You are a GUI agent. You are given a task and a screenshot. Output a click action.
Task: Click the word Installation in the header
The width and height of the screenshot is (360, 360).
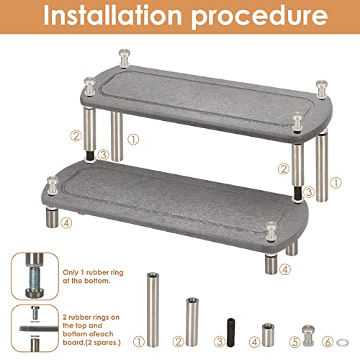pos(112,16)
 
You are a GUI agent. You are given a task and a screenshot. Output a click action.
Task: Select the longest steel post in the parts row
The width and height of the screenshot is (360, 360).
pos(153,310)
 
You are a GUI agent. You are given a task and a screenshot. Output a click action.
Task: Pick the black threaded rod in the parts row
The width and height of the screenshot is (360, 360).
pos(230,332)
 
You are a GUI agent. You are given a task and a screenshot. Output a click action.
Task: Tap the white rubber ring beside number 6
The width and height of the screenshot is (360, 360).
pos(343,342)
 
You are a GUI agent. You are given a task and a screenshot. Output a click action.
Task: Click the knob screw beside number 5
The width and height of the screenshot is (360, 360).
pos(308,335)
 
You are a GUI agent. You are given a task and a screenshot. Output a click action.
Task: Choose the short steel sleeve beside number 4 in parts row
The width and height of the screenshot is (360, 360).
pos(268,335)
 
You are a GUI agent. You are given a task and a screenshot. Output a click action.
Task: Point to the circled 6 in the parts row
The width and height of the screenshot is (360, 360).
pos(328,342)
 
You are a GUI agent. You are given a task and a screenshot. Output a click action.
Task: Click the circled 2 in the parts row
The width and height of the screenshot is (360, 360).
pos(179,342)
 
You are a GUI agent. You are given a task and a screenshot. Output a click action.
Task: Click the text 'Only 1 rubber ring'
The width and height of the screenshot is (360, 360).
pos(93,272)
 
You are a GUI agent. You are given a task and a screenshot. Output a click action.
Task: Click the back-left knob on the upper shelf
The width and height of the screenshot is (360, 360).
pos(125,58)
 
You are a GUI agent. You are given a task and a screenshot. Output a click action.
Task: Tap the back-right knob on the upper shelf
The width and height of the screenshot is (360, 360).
pos(322,89)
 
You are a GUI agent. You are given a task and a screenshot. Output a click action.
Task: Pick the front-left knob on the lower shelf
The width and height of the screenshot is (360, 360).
pos(53,185)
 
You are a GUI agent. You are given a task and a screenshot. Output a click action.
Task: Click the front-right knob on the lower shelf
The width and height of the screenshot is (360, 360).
pos(271,230)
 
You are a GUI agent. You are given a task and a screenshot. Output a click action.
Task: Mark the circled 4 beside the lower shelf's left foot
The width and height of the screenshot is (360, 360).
pos(66,223)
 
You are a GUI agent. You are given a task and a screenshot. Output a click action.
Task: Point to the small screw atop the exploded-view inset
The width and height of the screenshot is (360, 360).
pos(35,312)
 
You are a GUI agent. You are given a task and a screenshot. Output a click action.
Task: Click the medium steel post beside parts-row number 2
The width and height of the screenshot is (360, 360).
pos(192,322)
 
